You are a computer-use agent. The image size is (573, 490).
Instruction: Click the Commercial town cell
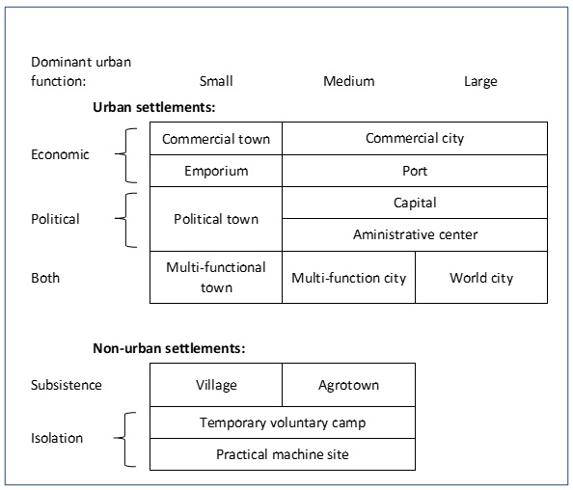[x=216, y=139]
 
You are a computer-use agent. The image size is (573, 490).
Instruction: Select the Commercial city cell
[x=415, y=139]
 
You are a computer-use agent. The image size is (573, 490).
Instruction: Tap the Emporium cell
[x=216, y=171]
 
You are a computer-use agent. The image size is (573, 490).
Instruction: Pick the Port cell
[x=415, y=171]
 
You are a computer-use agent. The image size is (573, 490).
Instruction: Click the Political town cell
[x=216, y=219]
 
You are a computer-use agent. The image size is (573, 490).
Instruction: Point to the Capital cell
[x=415, y=203]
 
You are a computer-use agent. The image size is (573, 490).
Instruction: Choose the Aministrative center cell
[x=415, y=235]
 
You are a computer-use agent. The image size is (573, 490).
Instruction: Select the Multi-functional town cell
[x=216, y=278]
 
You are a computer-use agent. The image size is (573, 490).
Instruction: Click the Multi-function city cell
[x=348, y=278]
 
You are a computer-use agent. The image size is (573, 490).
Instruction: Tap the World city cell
[x=481, y=278]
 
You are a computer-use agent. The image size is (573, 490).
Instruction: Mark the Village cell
[x=216, y=385]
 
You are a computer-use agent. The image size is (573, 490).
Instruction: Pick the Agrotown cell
[x=348, y=385]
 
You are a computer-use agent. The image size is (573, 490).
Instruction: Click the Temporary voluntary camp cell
[x=283, y=422]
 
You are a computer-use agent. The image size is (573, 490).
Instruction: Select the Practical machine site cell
[x=283, y=454]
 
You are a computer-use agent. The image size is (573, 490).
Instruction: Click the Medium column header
[x=349, y=81]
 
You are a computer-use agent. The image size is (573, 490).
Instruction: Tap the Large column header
[x=480, y=81]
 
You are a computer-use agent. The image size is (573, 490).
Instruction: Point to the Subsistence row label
[x=67, y=385]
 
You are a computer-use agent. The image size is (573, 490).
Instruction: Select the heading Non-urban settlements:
[x=169, y=348]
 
